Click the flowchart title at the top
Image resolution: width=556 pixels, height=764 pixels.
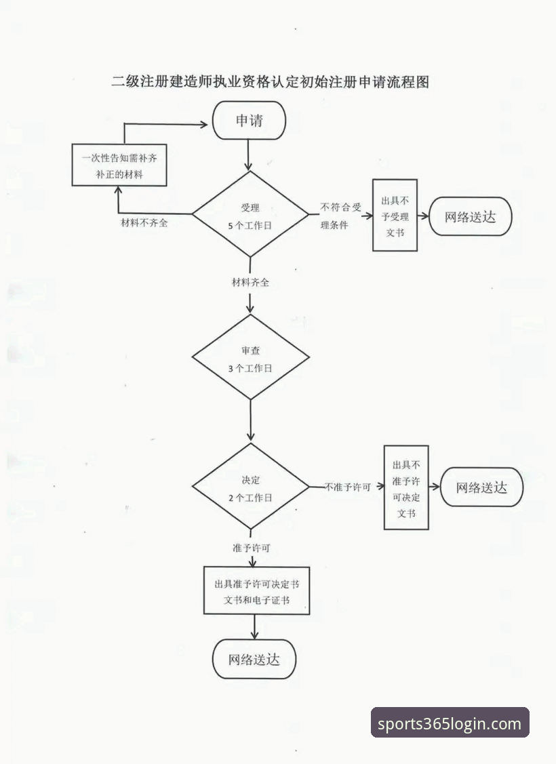point(271,82)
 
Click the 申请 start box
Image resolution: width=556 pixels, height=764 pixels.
point(249,121)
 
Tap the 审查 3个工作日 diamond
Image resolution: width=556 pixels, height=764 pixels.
point(250,357)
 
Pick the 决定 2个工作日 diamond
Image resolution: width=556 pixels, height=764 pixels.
point(250,487)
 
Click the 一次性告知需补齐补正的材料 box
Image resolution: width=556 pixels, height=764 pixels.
point(119,165)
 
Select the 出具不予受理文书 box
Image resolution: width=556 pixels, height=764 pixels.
point(395,215)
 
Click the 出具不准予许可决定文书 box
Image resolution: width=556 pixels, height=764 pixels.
point(406,487)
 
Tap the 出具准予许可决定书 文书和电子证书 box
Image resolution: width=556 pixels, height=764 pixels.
point(256,590)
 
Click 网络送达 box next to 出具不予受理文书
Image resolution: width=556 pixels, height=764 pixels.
point(470,217)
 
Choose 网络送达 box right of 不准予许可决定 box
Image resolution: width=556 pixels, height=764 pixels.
point(481,487)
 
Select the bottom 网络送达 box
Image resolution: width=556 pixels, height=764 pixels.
point(254,659)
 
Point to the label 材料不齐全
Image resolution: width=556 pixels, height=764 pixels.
point(144,224)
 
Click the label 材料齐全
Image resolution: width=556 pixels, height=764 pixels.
point(250,282)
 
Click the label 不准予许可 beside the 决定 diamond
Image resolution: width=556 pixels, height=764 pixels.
point(348,487)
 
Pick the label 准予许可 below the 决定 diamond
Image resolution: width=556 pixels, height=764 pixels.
point(250,547)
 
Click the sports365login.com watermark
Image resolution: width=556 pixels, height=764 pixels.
point(450,723)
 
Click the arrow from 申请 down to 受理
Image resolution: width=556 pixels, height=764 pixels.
point(249,155)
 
